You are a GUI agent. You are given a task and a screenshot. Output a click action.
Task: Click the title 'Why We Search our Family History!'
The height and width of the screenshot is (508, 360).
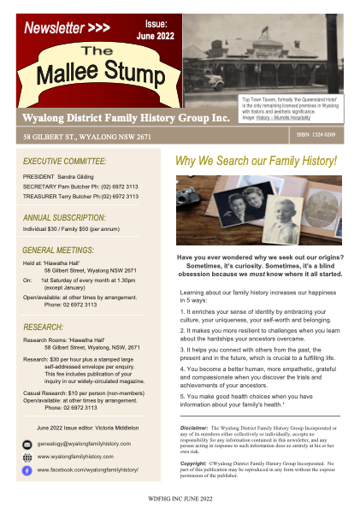click(256, 161)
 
